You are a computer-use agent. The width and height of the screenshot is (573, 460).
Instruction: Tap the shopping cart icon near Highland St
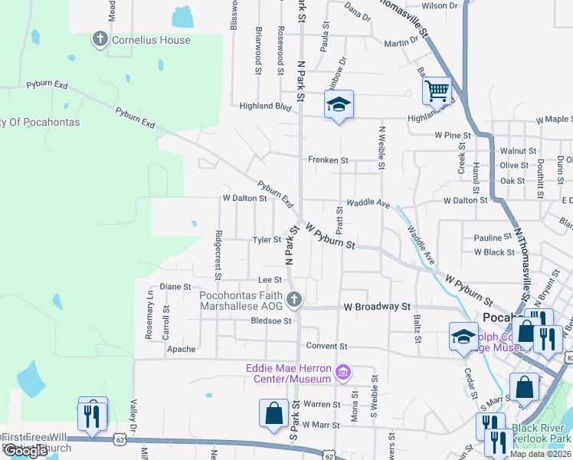(436, 90)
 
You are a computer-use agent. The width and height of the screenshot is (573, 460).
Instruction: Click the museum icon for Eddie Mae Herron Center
(342, 373)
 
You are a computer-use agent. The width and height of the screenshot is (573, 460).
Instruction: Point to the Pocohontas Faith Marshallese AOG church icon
(293, 299)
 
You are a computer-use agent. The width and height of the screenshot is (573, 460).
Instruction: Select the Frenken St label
(328, 160)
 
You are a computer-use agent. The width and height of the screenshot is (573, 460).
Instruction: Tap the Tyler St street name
(267, 240)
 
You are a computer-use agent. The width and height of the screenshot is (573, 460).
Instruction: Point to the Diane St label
(175, 287)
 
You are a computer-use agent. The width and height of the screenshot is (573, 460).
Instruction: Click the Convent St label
(327, 347)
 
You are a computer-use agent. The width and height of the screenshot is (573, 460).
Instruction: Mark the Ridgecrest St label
(218, 255)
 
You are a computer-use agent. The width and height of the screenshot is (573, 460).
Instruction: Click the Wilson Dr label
(440, 5)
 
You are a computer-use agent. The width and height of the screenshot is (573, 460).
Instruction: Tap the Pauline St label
(493, 238)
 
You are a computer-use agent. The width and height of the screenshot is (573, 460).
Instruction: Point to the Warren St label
(322, 404)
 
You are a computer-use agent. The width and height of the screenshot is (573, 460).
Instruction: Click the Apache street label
(182, 349)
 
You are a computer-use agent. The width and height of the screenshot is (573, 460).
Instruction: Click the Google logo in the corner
(25, 451)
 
